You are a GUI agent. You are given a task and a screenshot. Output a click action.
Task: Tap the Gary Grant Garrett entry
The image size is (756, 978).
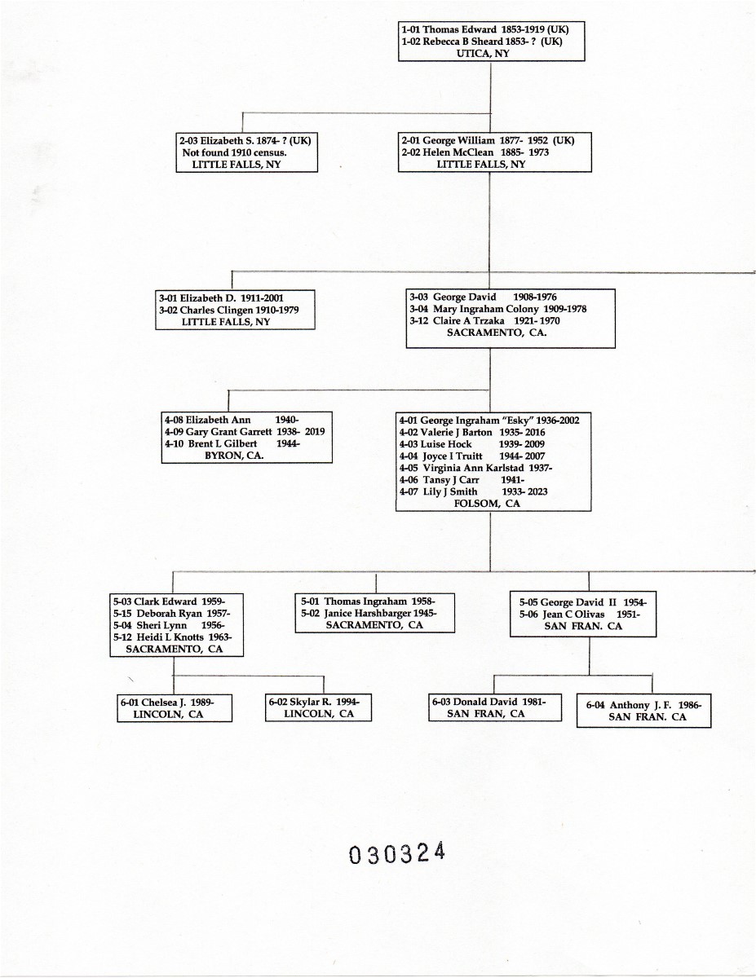tap(244, 432)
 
